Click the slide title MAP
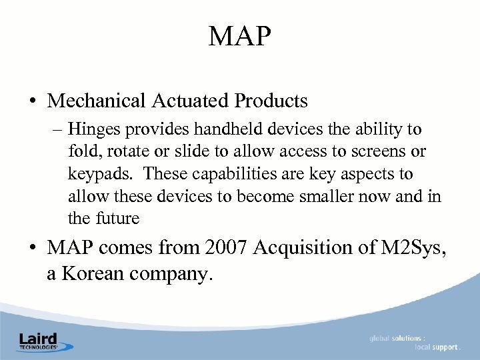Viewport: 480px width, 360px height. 240,36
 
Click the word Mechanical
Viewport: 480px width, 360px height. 97,101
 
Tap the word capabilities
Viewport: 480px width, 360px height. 229,174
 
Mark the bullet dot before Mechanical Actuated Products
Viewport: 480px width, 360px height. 32,102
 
